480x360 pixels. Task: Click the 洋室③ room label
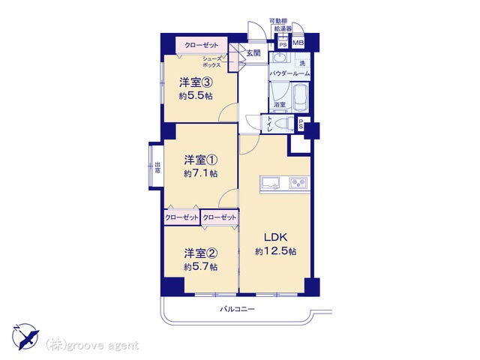(196, 82)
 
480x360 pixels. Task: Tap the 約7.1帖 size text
(201, 173)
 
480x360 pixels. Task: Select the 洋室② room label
(201, 253)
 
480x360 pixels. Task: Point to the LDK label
(275, 237)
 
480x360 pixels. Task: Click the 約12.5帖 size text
(275, 251)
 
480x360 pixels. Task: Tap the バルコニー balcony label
(238, 309)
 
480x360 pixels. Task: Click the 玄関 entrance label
(253, 53)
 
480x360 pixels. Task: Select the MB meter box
(298, 43)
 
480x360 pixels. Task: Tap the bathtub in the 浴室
(301, 97)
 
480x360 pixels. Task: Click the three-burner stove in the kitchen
(299, 183)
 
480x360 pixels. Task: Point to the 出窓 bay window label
(157, 168)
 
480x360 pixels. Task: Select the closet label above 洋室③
(202, 45)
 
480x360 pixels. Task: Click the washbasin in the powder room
(279, 58)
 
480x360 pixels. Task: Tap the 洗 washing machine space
(302, 63)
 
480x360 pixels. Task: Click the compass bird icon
(25, 337)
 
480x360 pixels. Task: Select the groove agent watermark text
(92, 346)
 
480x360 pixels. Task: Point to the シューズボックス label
(211, 62)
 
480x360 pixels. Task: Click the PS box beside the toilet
(301, 124)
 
